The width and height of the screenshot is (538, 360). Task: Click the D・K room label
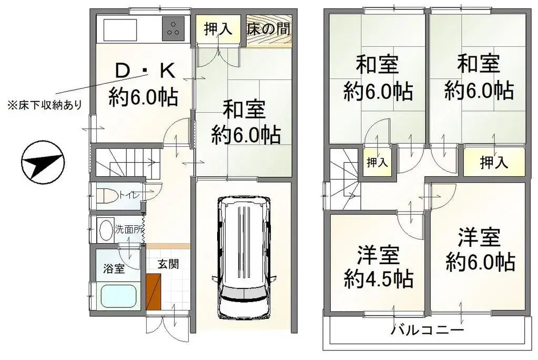point(143,70)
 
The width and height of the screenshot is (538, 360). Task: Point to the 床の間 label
point(269,28)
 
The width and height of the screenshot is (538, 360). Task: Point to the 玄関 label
point(168,263)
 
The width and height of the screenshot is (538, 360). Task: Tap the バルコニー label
point(427,331)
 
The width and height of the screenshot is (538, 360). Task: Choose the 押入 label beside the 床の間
point(218,28)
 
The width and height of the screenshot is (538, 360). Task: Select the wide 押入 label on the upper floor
point(494,163)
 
